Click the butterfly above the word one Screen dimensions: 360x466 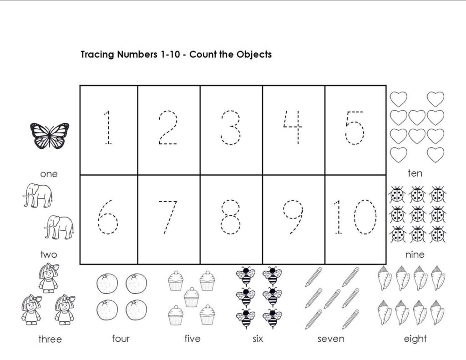[50, 135]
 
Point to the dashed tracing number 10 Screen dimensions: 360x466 [355, 217]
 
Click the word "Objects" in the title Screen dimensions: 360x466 [254, 55]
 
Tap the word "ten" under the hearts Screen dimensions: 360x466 [415, 173]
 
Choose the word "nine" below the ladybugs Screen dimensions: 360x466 [415, 254]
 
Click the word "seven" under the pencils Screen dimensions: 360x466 [331, 339]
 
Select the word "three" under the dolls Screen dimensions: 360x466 [50, 340]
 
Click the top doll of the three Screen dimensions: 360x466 [48, 277]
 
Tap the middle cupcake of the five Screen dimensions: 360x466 [192, 297]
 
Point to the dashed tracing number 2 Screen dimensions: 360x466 [168, 127]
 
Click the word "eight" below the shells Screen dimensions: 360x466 [415, 339]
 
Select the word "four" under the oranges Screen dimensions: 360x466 [121, 339]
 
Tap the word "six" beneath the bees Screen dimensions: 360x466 [258, 339]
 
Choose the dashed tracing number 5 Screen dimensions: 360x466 [355, 127]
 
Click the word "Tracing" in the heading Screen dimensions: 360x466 [97, 55]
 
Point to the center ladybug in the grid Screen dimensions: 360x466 [417, 214]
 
